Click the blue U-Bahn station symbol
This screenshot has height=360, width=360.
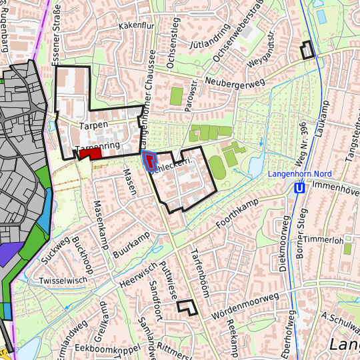(x=300, y=189)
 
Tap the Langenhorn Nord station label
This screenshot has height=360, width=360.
(x=299, y=174)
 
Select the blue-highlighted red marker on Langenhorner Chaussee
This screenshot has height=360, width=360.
(x=150, y=160)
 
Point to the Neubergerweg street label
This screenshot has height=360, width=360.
(x=235, y=82)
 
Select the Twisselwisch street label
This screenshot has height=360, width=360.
(x=63, y=281)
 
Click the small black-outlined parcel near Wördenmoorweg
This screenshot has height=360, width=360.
(x=188, y=307)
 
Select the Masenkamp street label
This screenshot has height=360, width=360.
(x=101, y=224)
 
